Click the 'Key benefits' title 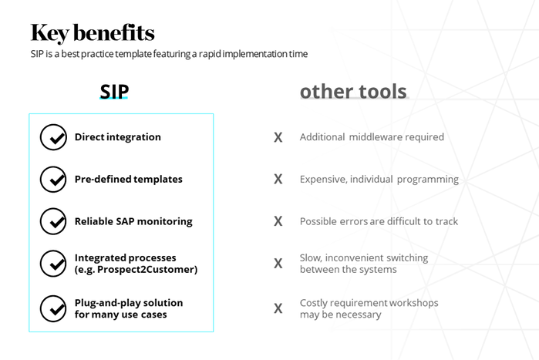pos(93,33)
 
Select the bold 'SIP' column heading pos(114,92)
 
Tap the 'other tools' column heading pos(353,92)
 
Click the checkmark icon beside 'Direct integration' pos(53,137)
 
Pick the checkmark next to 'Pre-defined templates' pos(53,180)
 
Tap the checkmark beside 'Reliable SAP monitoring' pos(53,221)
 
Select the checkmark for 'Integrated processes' pos(53,264)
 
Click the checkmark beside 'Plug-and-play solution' pos(53,308)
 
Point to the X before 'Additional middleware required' pos(278,137)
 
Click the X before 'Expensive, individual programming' pos(278,179)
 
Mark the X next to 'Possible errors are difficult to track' pos(278,221)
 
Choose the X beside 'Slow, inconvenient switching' pos(278,264)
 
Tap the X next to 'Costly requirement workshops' pos(278,308)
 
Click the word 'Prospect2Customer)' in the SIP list pos(147,270)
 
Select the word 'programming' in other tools pos(428,180)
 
